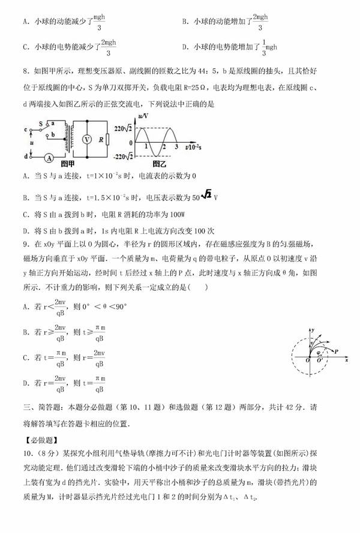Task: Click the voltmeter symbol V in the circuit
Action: coord(86,139)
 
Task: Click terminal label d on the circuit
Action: coord(26,157)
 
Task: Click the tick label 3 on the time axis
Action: coord(176,146)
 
